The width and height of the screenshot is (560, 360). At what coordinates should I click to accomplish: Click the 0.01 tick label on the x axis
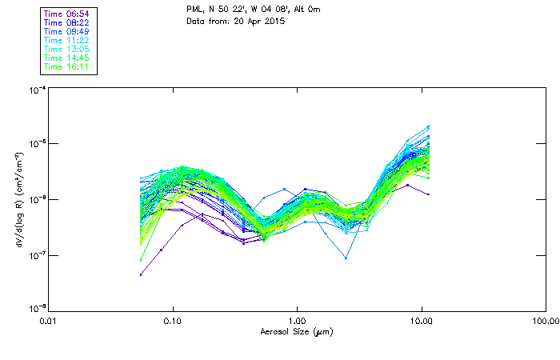49,321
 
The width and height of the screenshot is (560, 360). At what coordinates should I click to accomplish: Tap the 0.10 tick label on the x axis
173,321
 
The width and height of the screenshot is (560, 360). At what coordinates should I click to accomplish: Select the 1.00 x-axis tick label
297,321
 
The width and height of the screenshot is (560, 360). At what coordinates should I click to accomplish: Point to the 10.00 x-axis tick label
421,321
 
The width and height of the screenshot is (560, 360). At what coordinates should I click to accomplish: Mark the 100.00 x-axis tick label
545,321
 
